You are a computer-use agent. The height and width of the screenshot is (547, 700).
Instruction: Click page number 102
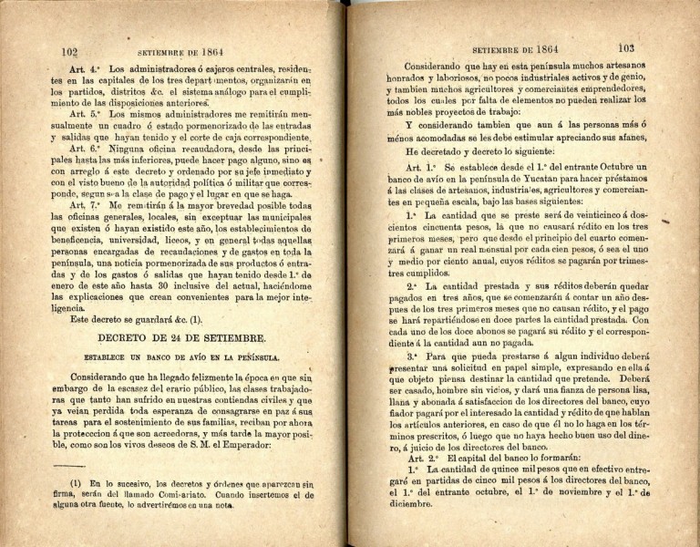(67, 52)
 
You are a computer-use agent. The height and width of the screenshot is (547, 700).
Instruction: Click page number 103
(624, 48)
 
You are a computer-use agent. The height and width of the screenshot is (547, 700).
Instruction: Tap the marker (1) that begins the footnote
(77, 483)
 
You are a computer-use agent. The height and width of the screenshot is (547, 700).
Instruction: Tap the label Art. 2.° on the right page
(419, 459)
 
